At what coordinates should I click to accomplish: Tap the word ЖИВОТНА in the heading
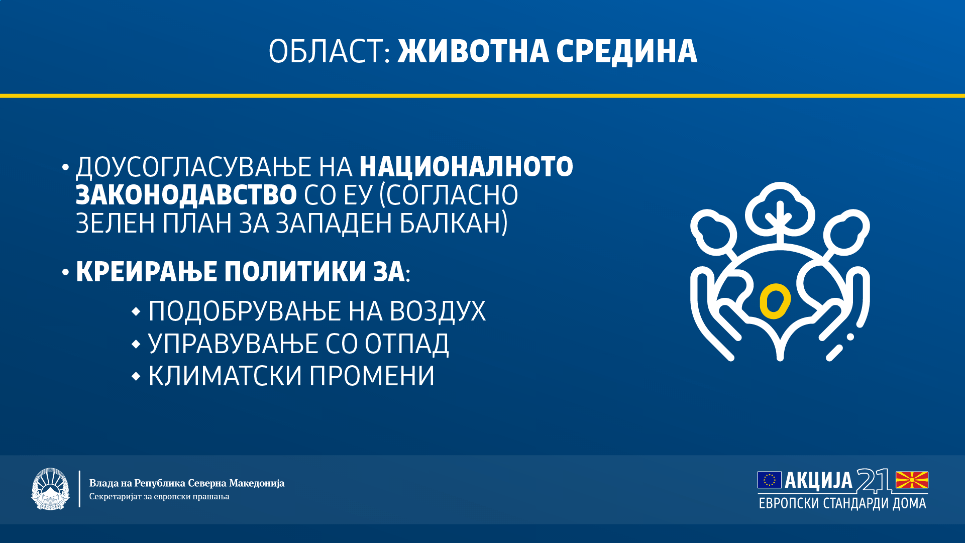(x=473, y=51)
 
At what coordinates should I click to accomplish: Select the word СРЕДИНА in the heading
(x=627, y=52)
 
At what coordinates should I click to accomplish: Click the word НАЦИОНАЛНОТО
(x=466, y=168)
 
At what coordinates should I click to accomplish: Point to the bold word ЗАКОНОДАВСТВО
(x=186, y=195)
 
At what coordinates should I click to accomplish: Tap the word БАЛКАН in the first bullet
(x=453, y=223)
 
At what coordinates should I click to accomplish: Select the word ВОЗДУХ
(x=438, y=311)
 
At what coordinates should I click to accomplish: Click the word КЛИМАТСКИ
(x=226, y=376)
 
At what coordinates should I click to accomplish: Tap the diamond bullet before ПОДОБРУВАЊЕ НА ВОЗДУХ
(x=136, y=312)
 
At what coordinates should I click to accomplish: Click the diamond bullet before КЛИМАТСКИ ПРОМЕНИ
(x=136, y=376)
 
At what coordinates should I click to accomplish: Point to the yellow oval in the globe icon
(x=775, y=301)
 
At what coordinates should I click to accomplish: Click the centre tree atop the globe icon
(x=780, y=211)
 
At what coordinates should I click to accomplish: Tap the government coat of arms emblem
(x=50, y=489)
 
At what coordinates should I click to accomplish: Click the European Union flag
(x=769, y=480)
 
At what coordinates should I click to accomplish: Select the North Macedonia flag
(x=912, y=480)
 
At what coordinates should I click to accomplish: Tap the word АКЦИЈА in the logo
(x=818, y=481)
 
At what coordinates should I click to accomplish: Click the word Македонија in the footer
(x=257, y=483)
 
